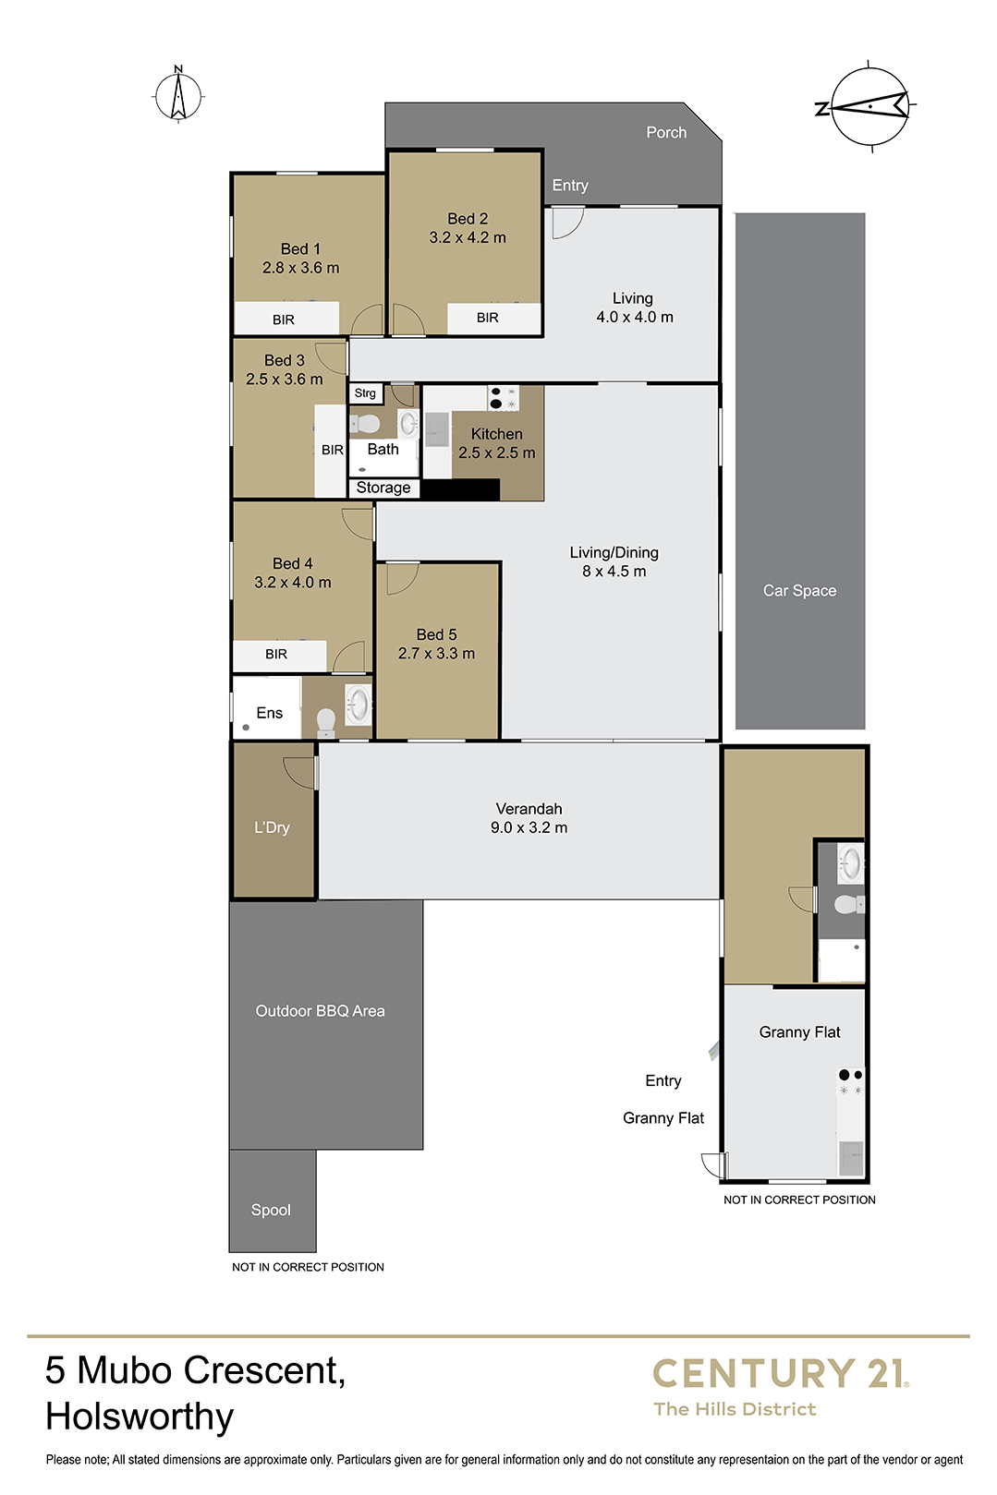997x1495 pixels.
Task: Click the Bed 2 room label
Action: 468,227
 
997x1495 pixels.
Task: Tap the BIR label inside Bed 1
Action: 283,319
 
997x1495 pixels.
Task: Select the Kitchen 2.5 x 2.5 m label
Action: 497,443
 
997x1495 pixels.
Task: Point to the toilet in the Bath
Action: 365,423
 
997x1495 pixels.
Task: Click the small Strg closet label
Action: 365,393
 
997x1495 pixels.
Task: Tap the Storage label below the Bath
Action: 383,488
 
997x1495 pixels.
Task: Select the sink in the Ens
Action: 358,704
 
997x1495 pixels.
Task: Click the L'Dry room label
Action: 272,827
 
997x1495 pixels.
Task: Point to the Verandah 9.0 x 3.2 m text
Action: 529,818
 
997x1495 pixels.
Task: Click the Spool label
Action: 271,1210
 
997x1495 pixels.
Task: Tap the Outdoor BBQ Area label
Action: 320,1011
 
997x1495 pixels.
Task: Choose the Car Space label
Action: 799,591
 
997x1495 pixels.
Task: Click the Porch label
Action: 666,132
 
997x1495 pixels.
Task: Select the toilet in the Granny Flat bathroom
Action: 849,905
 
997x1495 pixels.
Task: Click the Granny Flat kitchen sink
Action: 851,1158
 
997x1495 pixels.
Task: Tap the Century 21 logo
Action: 781,1386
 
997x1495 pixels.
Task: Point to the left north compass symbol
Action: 178,95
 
